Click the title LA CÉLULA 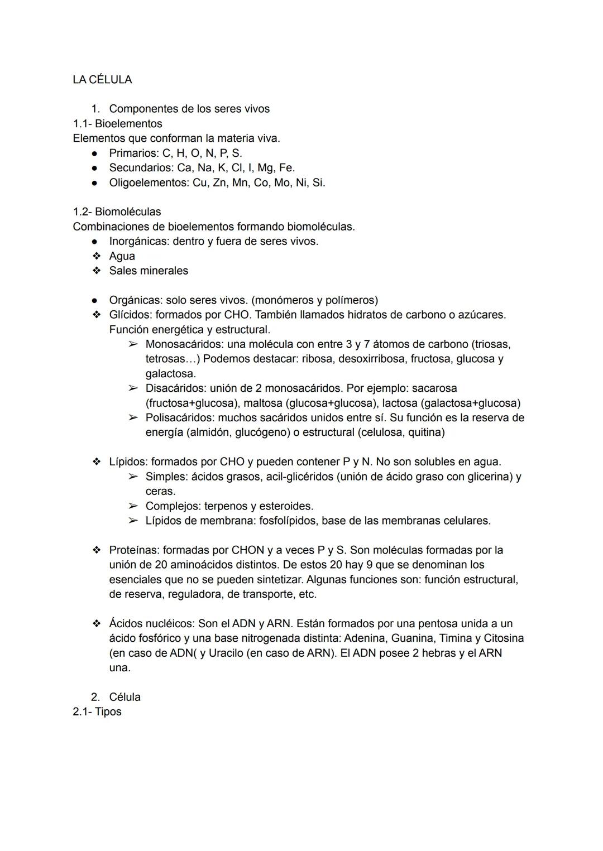click(x=102, y=80)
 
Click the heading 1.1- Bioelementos click(x=117, y=124)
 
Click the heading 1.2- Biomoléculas click(x=117, y=212)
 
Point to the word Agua click(x=122, y=256)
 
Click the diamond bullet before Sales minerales click(x=97, y=271)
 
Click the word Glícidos click(x=129, y=315)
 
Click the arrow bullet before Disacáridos click(x=132, y=388)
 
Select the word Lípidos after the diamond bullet click(x=128, y=462)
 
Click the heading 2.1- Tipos click(x=97, y=712)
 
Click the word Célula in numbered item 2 click(x=125, y=697)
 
